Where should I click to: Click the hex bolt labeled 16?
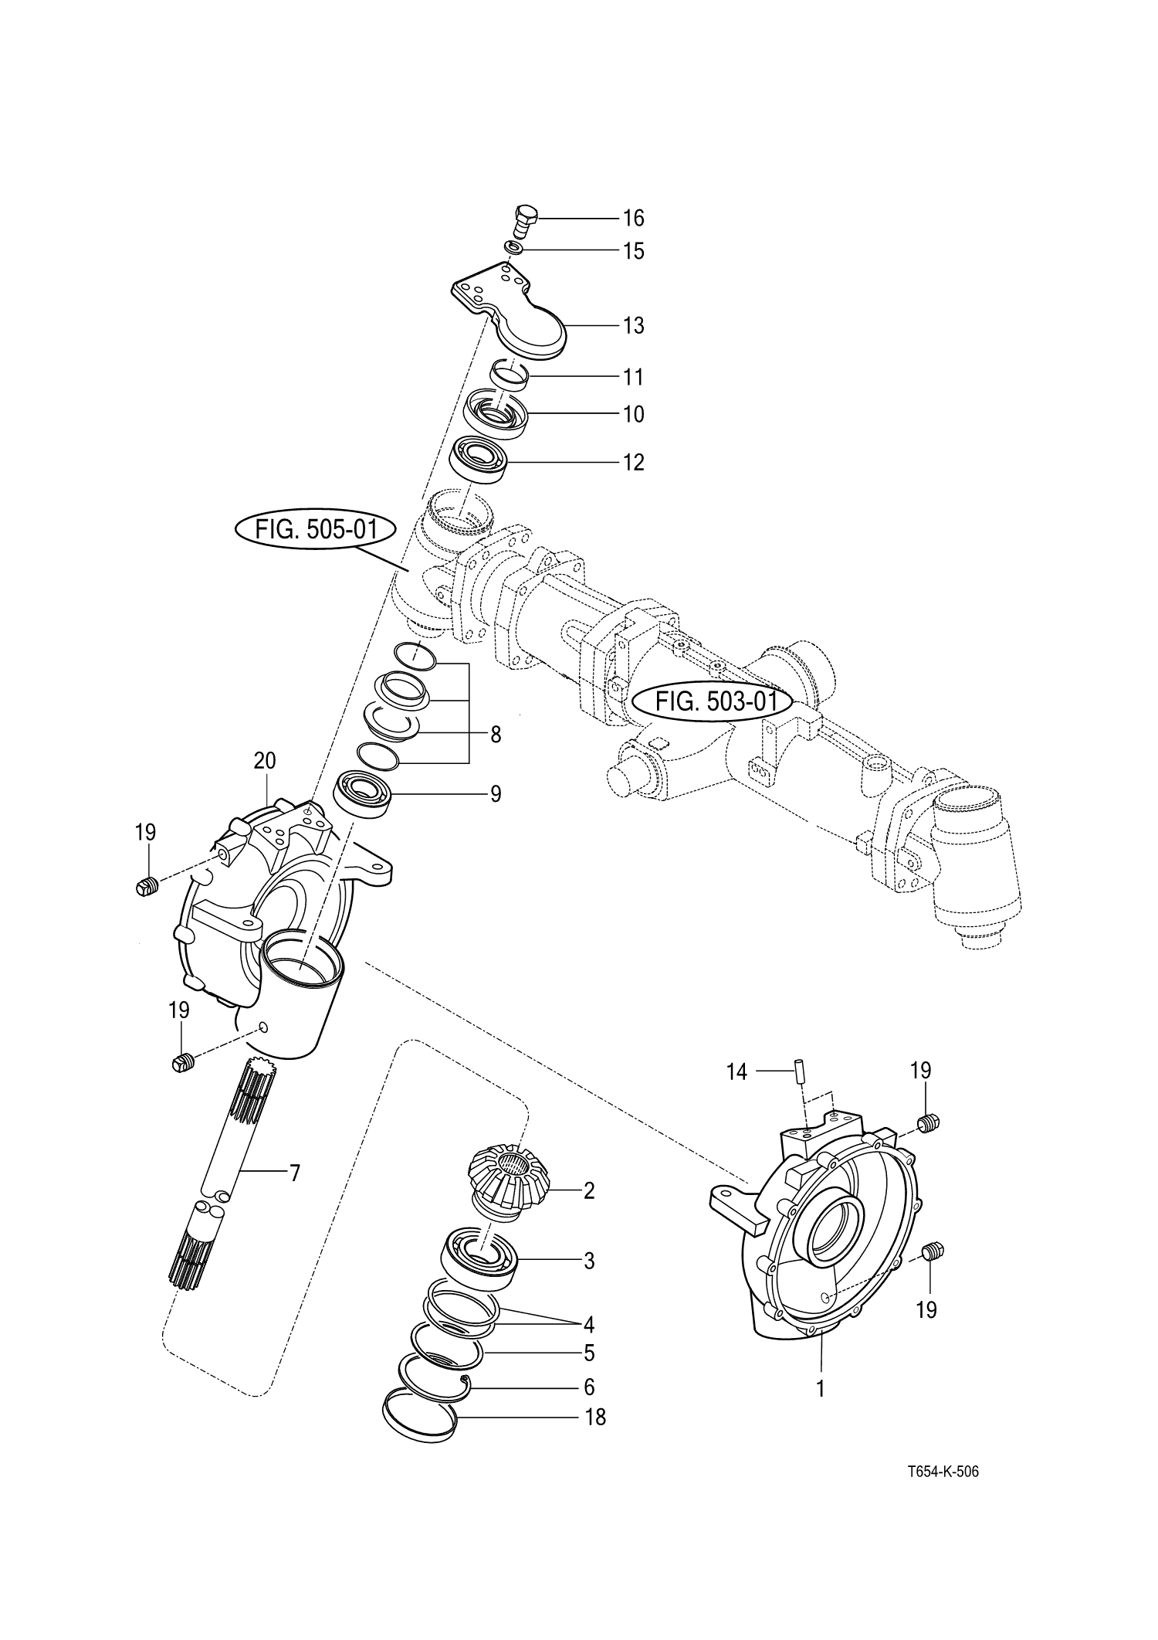click(x=525, y=222)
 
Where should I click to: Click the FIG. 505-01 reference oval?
click(x=314, y=531)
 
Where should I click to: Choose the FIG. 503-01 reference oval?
click(x=713, y=702)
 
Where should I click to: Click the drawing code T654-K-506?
click(x=943, y=1472)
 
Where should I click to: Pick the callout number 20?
click(x=264, y=761)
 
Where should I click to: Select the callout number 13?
click(x=633, y=326)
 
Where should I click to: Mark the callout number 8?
click(x=495, y=735)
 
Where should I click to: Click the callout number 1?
click(x=821, y=1388)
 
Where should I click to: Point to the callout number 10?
click(x=633, y=415)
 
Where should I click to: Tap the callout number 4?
click(x=589, y=1325)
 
